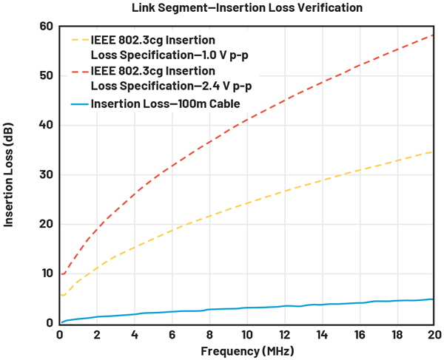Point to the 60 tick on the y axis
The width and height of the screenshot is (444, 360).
click(x=47, y=27)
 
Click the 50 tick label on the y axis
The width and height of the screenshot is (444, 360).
click(x=47, y=76)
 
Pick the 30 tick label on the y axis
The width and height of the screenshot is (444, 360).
click(x=47, y=174)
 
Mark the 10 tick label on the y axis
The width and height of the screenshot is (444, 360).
click(x=47, y=274)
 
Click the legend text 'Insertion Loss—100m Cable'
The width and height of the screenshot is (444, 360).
click(x=166, y=104)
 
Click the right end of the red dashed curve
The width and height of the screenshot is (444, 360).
click(x=433, y=35)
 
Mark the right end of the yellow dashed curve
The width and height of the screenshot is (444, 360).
click(x=433, y=152)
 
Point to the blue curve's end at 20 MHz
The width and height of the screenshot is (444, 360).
click(x=433, y=299)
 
